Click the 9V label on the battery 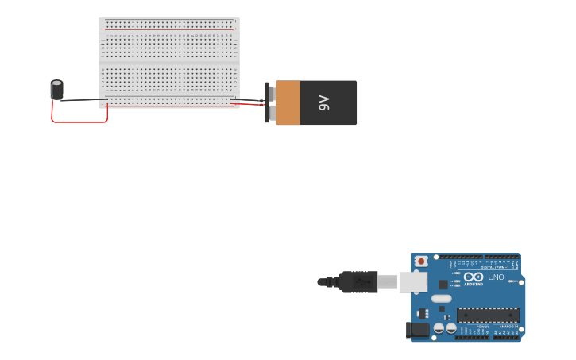(x=324, y=103)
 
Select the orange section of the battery (x=288, y=103)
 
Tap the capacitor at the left (x=57, y=89)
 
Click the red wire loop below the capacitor (x=79, y=122)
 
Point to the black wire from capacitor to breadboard (x=83, y=100)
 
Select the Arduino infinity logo (x=474, y=277)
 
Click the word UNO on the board (x=497, y=277)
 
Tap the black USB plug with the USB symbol (x=359, y=281)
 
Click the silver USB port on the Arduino (x=412, y=281)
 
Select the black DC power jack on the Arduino (x=417, y=330)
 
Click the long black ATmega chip (x=488, y=315)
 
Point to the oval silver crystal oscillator (x=442, y=298)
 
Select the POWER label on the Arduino (x=482, y=327)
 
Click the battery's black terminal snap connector (x=269, y=103)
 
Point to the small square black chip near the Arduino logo (x=443, y=285)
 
